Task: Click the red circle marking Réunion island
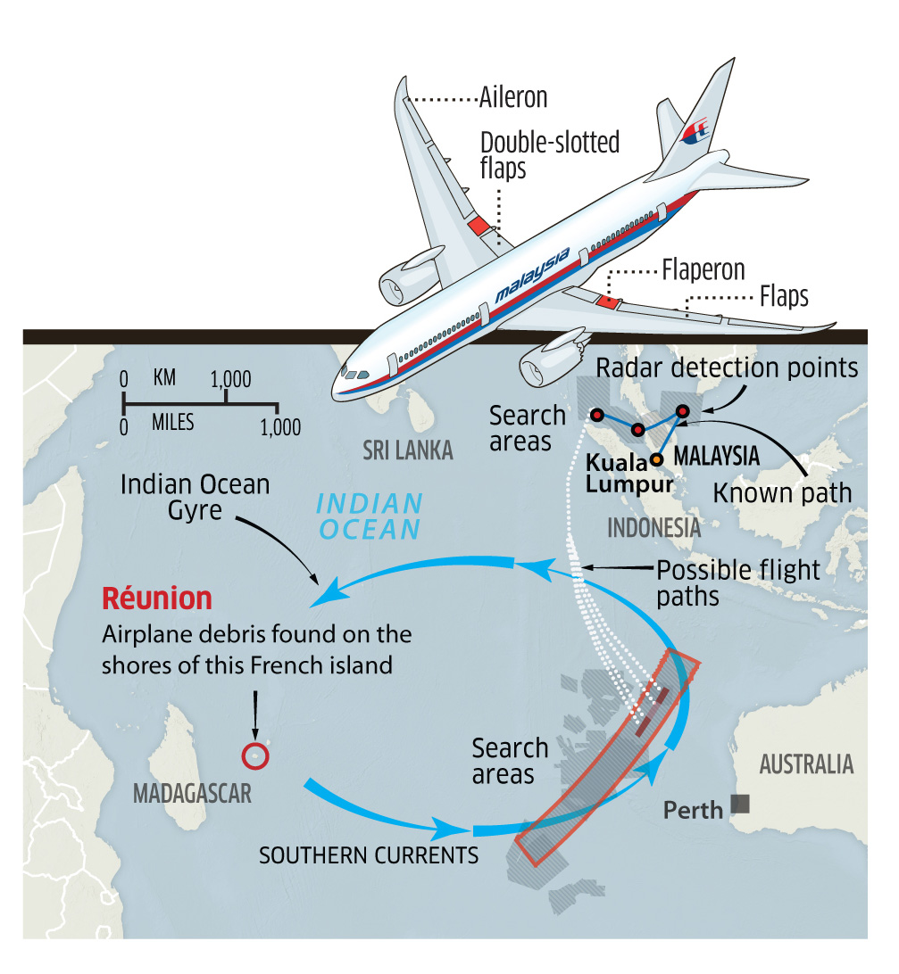256,756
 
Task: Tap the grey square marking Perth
740,804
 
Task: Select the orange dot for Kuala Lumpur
656,459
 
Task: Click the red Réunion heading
156,597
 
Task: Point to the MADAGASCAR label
191,793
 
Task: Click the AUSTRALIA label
805,764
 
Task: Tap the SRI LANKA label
408,450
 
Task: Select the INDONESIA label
653,527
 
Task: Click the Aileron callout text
513,97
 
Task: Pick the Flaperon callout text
703,269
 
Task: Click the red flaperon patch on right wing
607,301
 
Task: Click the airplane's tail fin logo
695,132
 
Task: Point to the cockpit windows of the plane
355,374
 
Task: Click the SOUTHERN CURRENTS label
368,854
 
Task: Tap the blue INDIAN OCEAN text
370,516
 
